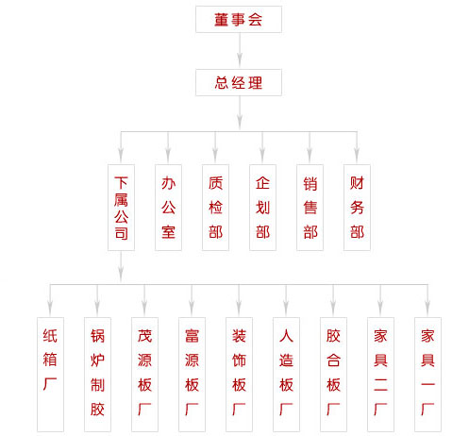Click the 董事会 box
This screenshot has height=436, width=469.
click(x=239, y=19)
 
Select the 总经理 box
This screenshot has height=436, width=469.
click(x=239, y=82)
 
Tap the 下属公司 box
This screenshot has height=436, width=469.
click(x=121, y=208)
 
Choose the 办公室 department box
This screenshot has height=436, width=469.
click(x=168, y=208)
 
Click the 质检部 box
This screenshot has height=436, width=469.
click(x=215, y=208)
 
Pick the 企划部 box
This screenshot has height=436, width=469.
click(x=262, y=208)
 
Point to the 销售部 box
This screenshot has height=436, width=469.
click(x=310, y=208)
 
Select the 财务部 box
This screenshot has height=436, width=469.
click(x=357, y=208)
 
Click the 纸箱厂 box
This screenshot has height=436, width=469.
click(x=50, y=375)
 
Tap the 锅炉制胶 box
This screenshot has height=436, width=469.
click(x=97, y=375)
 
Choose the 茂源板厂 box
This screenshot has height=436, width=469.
click(x=144, y=375)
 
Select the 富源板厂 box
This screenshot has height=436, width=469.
click(x=192, y=375)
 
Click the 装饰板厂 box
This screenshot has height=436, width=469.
click(x=239, y=375)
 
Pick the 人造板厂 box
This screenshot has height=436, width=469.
click(x=286, y=375)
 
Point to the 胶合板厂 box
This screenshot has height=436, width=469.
click(x=333, y=375)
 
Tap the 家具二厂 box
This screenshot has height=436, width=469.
click(x=380, y=375)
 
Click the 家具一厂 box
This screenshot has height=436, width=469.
click(x=427, y=375)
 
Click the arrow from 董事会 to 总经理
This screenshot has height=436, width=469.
click(x=240, y=50)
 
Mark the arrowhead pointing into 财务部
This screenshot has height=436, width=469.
click(x=357, y=154)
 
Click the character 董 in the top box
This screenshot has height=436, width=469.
click(x=222, y=20)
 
